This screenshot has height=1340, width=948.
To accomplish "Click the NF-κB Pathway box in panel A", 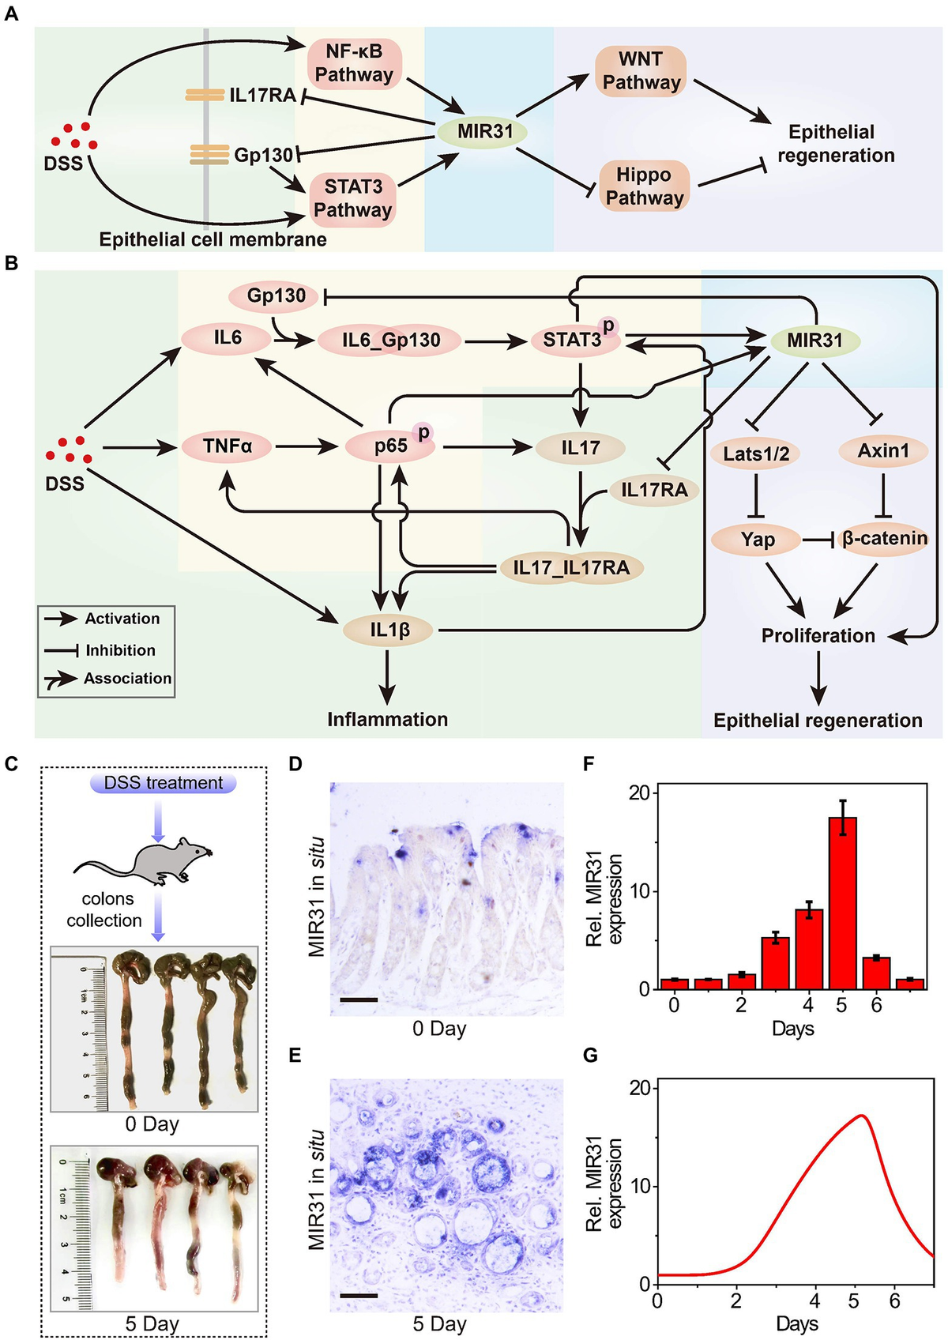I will (x=354, y=63).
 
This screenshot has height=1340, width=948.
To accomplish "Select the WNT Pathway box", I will (x=641, y=71).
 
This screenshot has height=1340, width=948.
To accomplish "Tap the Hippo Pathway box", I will (x=644, y=186).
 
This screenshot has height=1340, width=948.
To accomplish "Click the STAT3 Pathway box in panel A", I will (x=353, y=198).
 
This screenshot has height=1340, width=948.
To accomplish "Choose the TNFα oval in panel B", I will (x=227, y=446).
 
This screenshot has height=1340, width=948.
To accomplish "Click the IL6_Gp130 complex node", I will (x=391, y=341).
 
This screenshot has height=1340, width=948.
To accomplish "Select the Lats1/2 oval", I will (x=756, y=453).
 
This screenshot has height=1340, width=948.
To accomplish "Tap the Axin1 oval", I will (x=883, y=451).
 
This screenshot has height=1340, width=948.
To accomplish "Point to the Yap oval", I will (x=757, y=540).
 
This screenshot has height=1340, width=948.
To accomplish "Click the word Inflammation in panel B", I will (x=387, y=719).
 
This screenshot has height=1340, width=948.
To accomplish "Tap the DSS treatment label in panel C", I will (x=164, y=783).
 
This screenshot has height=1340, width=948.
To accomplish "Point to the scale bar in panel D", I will (x=359, y=999).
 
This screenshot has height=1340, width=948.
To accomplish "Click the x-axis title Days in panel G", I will (x=796, y=1323).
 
